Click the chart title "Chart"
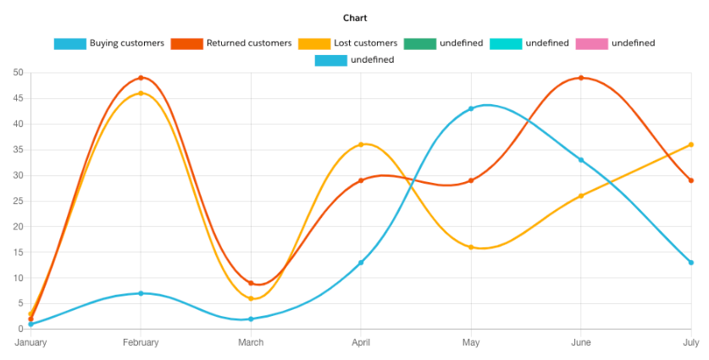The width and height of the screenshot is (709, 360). coord(355,18)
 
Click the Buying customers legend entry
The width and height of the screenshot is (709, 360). coord(108,43)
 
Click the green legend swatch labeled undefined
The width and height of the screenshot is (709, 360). coord(419,43)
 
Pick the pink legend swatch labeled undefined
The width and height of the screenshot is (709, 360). coord(590,43)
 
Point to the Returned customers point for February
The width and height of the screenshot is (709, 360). coord(141,78)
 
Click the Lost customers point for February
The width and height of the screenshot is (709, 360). coord(141,93)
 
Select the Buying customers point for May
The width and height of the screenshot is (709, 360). coord(471,108)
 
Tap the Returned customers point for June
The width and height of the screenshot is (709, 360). coord(581,78)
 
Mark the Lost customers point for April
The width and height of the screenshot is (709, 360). coord(361,145)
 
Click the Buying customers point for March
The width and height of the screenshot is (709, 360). coord(251,318)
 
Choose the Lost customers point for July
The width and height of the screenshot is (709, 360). coord(691,145)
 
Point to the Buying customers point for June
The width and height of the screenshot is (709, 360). coord(581,160)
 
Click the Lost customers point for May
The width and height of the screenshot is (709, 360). coord(471,247)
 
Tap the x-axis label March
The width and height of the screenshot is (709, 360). coord(251,343)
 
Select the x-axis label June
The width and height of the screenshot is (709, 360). coord(581,343)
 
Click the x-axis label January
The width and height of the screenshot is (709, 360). coord(30,343)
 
